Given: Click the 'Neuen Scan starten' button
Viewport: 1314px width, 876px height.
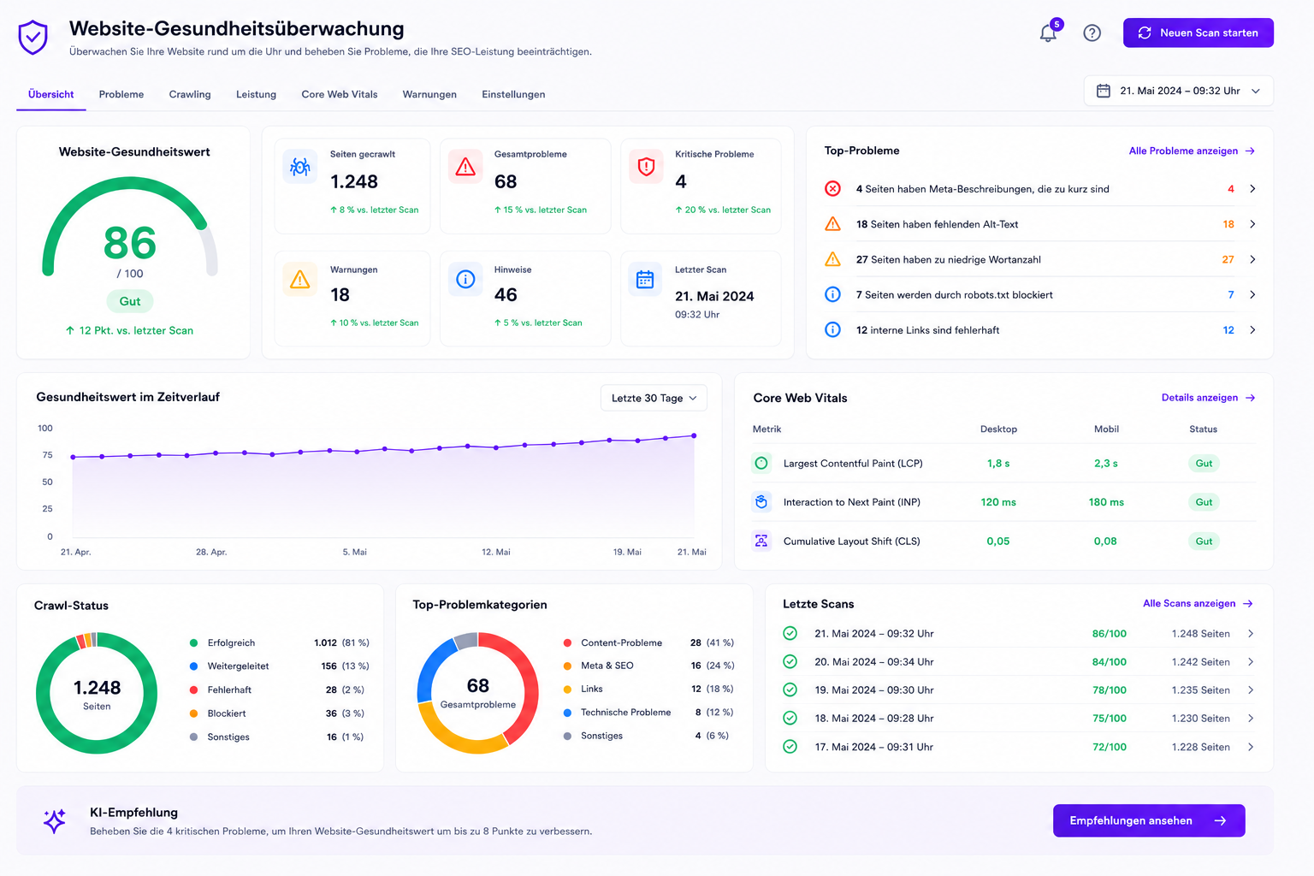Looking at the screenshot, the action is pyautogui.click(x=1198, y=33).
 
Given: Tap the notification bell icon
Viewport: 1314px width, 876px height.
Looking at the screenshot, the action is pyautogui.click(x=1048, y=33).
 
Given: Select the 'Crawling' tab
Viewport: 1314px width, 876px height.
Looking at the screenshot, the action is pyautogui.click(x=189, y=94).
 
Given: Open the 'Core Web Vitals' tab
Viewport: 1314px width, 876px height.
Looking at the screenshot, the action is pyautogui.click(x=339, y=94).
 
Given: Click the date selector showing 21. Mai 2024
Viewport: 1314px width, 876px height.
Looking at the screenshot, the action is pyautogui.click(x=1179, y=91).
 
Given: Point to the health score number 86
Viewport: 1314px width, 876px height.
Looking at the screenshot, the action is pyautogui.click(x=130, y=243).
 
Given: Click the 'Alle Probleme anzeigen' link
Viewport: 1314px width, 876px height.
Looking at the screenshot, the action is pyautogui.click(x=1192, y=151).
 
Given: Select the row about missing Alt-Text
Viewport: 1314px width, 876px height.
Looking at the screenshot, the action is pyautogui.click(x=1039, y=224).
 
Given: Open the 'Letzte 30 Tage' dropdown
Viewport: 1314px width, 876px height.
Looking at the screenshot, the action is pyautogui.click(x=654, y=398).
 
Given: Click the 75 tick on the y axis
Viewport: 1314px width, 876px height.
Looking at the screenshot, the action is pyautogui.click(x=48, y=455).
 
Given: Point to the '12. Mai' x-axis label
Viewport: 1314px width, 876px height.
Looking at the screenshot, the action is pyautogui.click(x=495, y=552).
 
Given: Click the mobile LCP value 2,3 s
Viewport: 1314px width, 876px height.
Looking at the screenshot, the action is pyautogui.click(x=1106, y=464).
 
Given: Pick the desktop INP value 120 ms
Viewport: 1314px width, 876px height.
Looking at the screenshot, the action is pyautogui.click(x=998, y=502).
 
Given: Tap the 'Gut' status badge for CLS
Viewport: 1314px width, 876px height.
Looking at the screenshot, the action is pyautogui.click(x=1204, y=541).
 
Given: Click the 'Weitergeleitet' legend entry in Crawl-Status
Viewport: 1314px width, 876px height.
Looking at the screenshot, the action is pyautogui.click(x=238, y=666).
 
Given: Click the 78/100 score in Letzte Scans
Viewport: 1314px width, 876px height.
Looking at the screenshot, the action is pyautogui.click(x=1110, y=690).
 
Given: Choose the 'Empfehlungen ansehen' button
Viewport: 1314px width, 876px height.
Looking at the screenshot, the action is pyautogui.click(x=1149, y=820).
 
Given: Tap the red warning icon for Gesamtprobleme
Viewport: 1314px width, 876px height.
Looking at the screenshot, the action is pyautogui.click(x=465, y=167).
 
